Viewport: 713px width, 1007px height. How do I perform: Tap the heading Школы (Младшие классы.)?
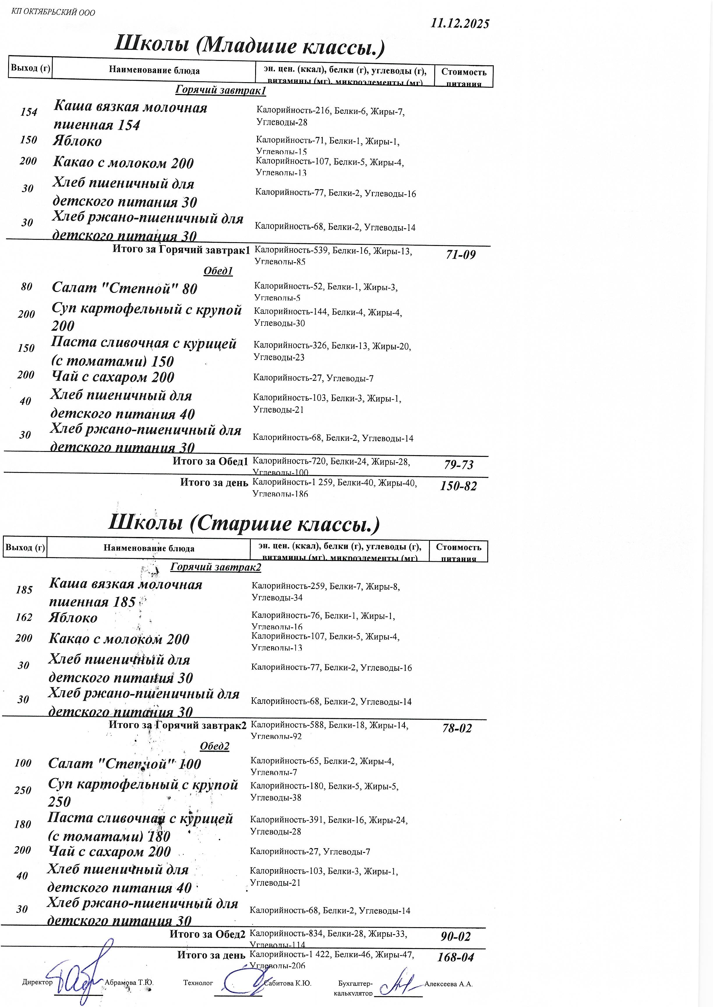pos(249,45)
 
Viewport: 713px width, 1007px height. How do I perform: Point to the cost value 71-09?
pos(460,255)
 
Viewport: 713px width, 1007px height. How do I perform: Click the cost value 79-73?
pos(459,465)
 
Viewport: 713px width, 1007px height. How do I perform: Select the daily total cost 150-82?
pos(458,486)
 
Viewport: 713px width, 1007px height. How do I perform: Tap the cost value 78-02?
pos(457,728)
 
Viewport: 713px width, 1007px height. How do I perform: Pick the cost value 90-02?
pos(456,937)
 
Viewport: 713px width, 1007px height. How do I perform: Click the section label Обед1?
pos(218,271)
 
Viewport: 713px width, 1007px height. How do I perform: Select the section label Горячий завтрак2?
pos(216,567)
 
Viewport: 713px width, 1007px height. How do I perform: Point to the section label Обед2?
pos(215,746)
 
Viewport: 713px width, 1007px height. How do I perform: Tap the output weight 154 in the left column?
pos(29,112)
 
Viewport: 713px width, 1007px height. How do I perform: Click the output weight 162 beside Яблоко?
pos(24,617)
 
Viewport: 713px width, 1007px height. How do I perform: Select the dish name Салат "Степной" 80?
pos(125,288)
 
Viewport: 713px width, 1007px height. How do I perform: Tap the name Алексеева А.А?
pos(448,984)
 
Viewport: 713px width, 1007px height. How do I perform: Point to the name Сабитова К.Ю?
pos(287,983)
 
